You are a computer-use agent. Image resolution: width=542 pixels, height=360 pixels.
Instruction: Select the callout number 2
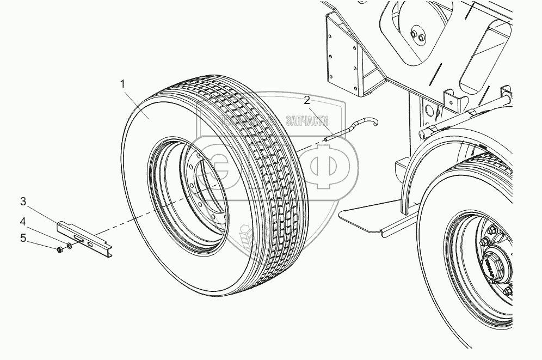[x=307, y=100]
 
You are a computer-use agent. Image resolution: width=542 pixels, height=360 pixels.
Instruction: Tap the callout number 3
[x=23, y=202]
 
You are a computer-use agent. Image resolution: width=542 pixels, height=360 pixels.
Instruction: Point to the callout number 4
[x=23, y=221]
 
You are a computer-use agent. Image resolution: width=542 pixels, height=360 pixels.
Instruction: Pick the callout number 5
[x=23, y=237]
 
